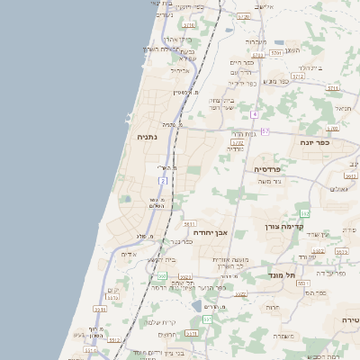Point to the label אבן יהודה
point(210,232)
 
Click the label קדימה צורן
point(283,229)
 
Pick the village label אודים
point(129,255)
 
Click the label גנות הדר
point(246,133)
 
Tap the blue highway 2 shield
point(163,181)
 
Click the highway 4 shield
point(255,114)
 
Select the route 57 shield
point(265,131)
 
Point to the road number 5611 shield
point(189,223)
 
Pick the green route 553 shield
point(162,276)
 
